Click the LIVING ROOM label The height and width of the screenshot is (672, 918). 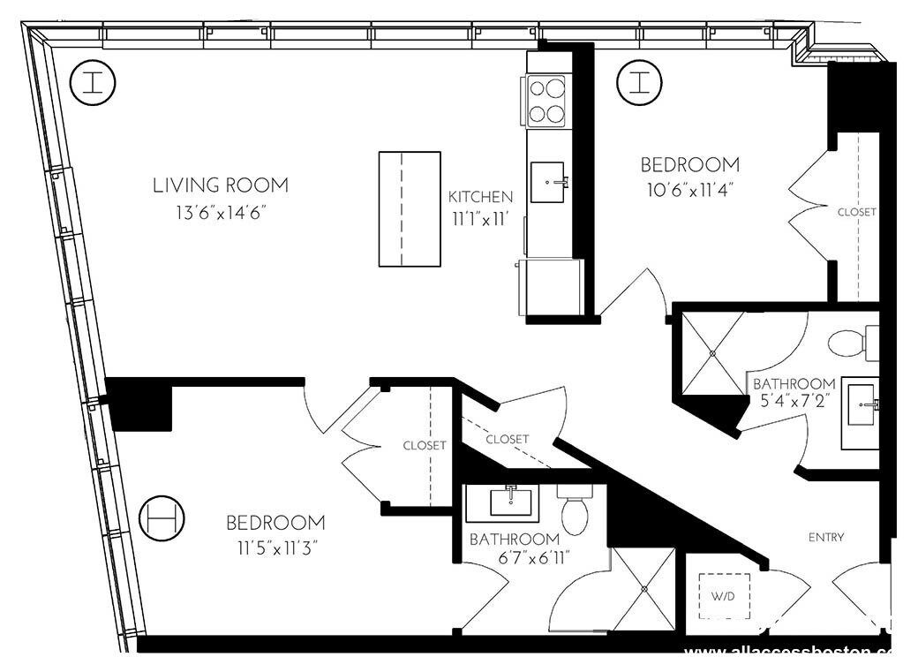pos(220,185)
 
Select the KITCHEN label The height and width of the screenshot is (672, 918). pos(479,196)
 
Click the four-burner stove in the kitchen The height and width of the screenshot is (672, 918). pos(546,101)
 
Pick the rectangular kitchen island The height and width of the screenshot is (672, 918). pos(410,208)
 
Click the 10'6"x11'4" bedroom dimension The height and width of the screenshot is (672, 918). pos(688,190)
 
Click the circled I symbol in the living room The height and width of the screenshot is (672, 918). pos(93,82)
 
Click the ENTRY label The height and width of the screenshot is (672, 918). pos(825,537)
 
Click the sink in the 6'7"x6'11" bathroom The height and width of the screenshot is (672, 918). pos(513,502)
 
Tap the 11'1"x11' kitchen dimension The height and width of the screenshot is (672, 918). pos(479,220)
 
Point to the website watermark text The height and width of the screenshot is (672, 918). pos(790,653)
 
